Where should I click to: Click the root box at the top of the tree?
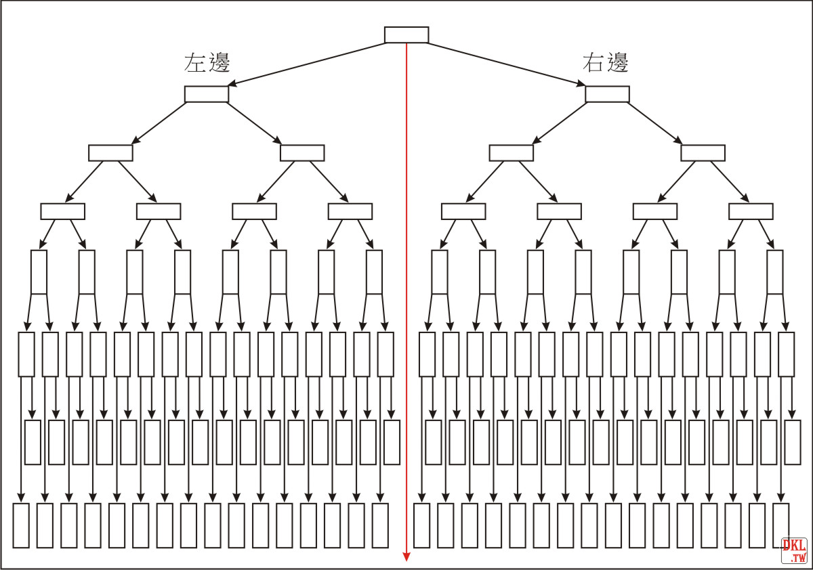406,35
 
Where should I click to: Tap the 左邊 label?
207,62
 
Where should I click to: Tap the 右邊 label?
606,62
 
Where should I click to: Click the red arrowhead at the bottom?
406,556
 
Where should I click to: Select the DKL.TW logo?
794,550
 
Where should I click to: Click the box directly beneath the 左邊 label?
207,94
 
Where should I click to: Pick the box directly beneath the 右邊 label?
607,94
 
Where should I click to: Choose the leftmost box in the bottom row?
21,525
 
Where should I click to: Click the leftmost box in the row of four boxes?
110,153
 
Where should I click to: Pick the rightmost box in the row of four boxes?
703,153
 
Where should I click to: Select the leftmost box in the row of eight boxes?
62,211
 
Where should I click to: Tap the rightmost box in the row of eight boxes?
751,211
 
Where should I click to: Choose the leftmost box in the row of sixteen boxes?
39,272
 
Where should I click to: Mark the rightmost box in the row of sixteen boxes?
774,272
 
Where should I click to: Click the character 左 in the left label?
195,62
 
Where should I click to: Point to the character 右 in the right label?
593,62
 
